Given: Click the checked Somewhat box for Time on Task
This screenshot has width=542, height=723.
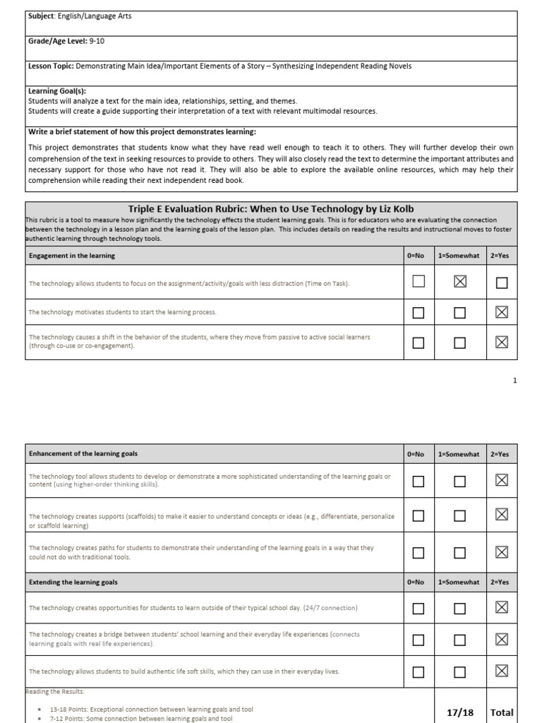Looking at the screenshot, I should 459,282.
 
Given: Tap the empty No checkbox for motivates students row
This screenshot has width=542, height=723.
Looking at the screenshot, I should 418,312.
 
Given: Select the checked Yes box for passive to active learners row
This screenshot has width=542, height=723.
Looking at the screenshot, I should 502,342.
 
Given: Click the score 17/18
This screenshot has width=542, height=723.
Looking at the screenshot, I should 459,712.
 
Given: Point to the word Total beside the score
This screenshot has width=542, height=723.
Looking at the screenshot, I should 502,712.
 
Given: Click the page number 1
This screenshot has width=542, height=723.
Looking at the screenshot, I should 515,381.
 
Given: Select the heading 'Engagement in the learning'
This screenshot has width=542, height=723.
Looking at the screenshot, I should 72,256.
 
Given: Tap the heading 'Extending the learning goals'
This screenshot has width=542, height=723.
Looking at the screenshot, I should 73,582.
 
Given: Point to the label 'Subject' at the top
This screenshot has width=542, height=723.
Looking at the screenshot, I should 41,16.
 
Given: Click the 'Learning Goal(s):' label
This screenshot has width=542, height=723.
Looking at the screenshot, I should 56,91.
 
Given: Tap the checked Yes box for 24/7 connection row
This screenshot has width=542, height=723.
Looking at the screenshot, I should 502,608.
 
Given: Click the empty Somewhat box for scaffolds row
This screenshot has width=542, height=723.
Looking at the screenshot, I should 459,516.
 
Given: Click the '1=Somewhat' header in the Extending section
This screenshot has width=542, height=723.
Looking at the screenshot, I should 459,582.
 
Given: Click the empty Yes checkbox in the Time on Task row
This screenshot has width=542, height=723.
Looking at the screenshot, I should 502,282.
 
